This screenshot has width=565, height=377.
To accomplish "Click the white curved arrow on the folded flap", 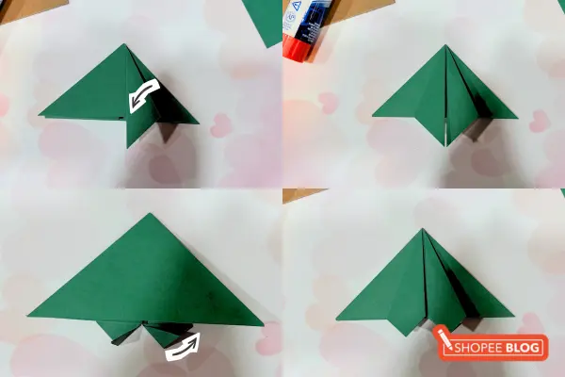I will [x=144, y=95].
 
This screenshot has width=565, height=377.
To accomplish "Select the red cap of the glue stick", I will [x=303, y=43].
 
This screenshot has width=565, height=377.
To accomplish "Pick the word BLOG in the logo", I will [x=525, y=348].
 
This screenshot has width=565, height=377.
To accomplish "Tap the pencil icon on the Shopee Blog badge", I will [x=444, y=337].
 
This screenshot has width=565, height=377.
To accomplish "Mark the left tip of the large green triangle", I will [x=29, y=314].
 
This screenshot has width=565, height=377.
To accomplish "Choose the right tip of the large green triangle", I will [x=263, y=324].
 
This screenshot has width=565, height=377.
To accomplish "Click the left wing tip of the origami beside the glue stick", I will [x=374, y=116].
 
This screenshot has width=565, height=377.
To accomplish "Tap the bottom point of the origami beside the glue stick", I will [x=445, y=145].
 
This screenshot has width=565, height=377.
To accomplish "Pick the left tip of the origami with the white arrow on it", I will [x=40, y=116].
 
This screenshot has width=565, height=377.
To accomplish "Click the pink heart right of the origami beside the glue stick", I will [x=539, y=121].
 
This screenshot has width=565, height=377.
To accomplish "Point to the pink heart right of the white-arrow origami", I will [x=220, y=125].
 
